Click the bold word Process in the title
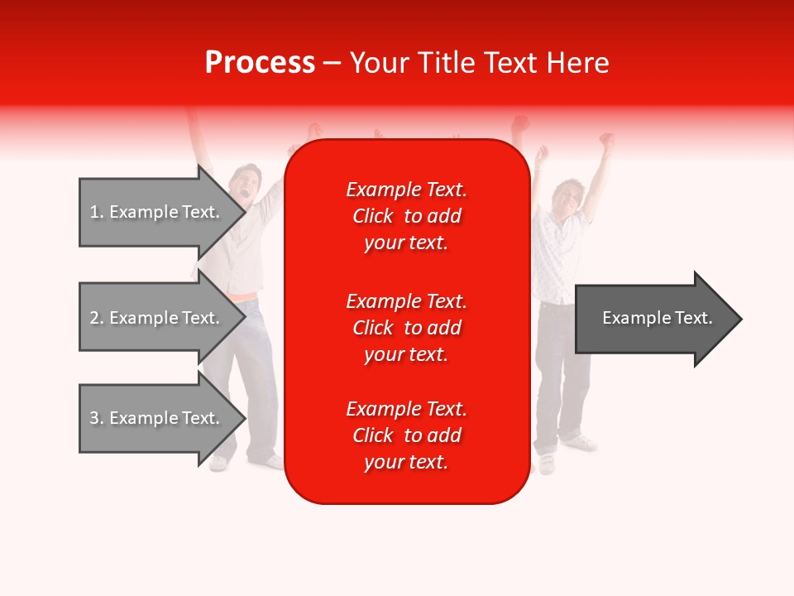[x=260, y=63]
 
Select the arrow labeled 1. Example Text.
[x=157, y=212]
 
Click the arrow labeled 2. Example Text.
[x=157, y=318]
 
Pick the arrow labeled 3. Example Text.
[x=157, y=418]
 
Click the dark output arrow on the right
[x=653, y=319]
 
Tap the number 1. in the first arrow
[x=96, y=212]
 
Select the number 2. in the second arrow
[x=96, y=318]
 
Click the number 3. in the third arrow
[x=96, y=418]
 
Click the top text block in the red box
[x=406, y=216]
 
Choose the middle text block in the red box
[x=406, y=328]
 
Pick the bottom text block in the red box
[x=406, y=435]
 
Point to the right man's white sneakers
[x=579, y=447]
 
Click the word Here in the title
[x=577, y=63]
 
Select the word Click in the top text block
[x=372, y=216]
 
